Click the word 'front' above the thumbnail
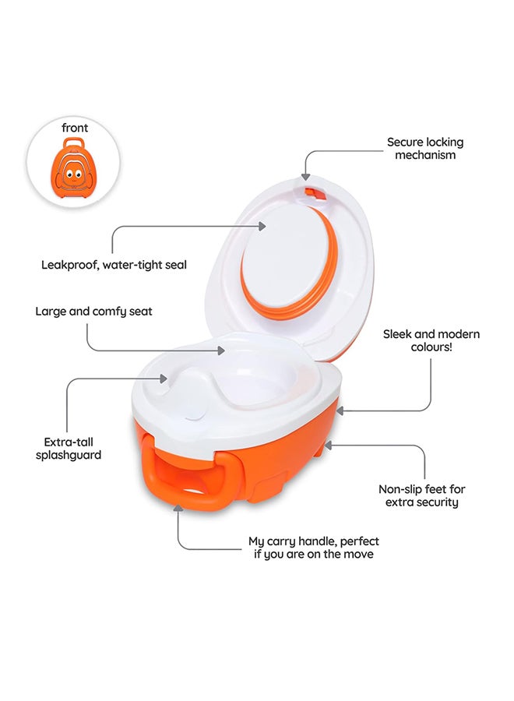tap(75, 127)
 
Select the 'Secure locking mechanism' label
tap(424, 148)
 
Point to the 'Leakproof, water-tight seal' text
tap(114, 265)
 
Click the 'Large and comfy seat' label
tap(93, 312)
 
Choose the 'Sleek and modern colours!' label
tap(431, 340)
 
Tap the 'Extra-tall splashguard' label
tap(69, 448)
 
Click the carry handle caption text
tap(314, 547)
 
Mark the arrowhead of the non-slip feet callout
tap(328, 445)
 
